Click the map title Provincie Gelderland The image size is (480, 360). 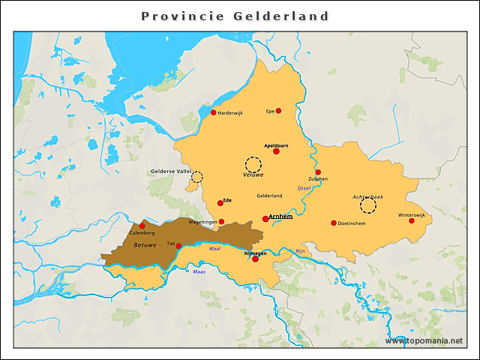(235, 16)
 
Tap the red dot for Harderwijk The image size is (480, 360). (213, 112)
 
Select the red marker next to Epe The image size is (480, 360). (278, 110)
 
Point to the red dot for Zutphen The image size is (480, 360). (318, 172)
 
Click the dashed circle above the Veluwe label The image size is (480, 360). (253, 164)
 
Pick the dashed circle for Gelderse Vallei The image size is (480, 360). (196, 176)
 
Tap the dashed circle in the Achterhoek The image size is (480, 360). (367, 205)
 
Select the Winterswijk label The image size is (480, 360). (412, 215)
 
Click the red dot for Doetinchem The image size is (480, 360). (334, 223)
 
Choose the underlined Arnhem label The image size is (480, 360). (280, 217)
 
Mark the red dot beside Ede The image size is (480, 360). (220, 202)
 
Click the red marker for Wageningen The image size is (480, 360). (221, 221)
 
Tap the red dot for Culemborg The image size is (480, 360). (142, 226)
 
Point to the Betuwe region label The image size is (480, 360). (145, 245)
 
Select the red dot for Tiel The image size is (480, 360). (178, 245)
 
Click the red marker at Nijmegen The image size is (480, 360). (255, 259)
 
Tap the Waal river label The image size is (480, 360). (214, 248)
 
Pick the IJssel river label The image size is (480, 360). (303, 187)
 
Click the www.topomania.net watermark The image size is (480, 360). (424, 340)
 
